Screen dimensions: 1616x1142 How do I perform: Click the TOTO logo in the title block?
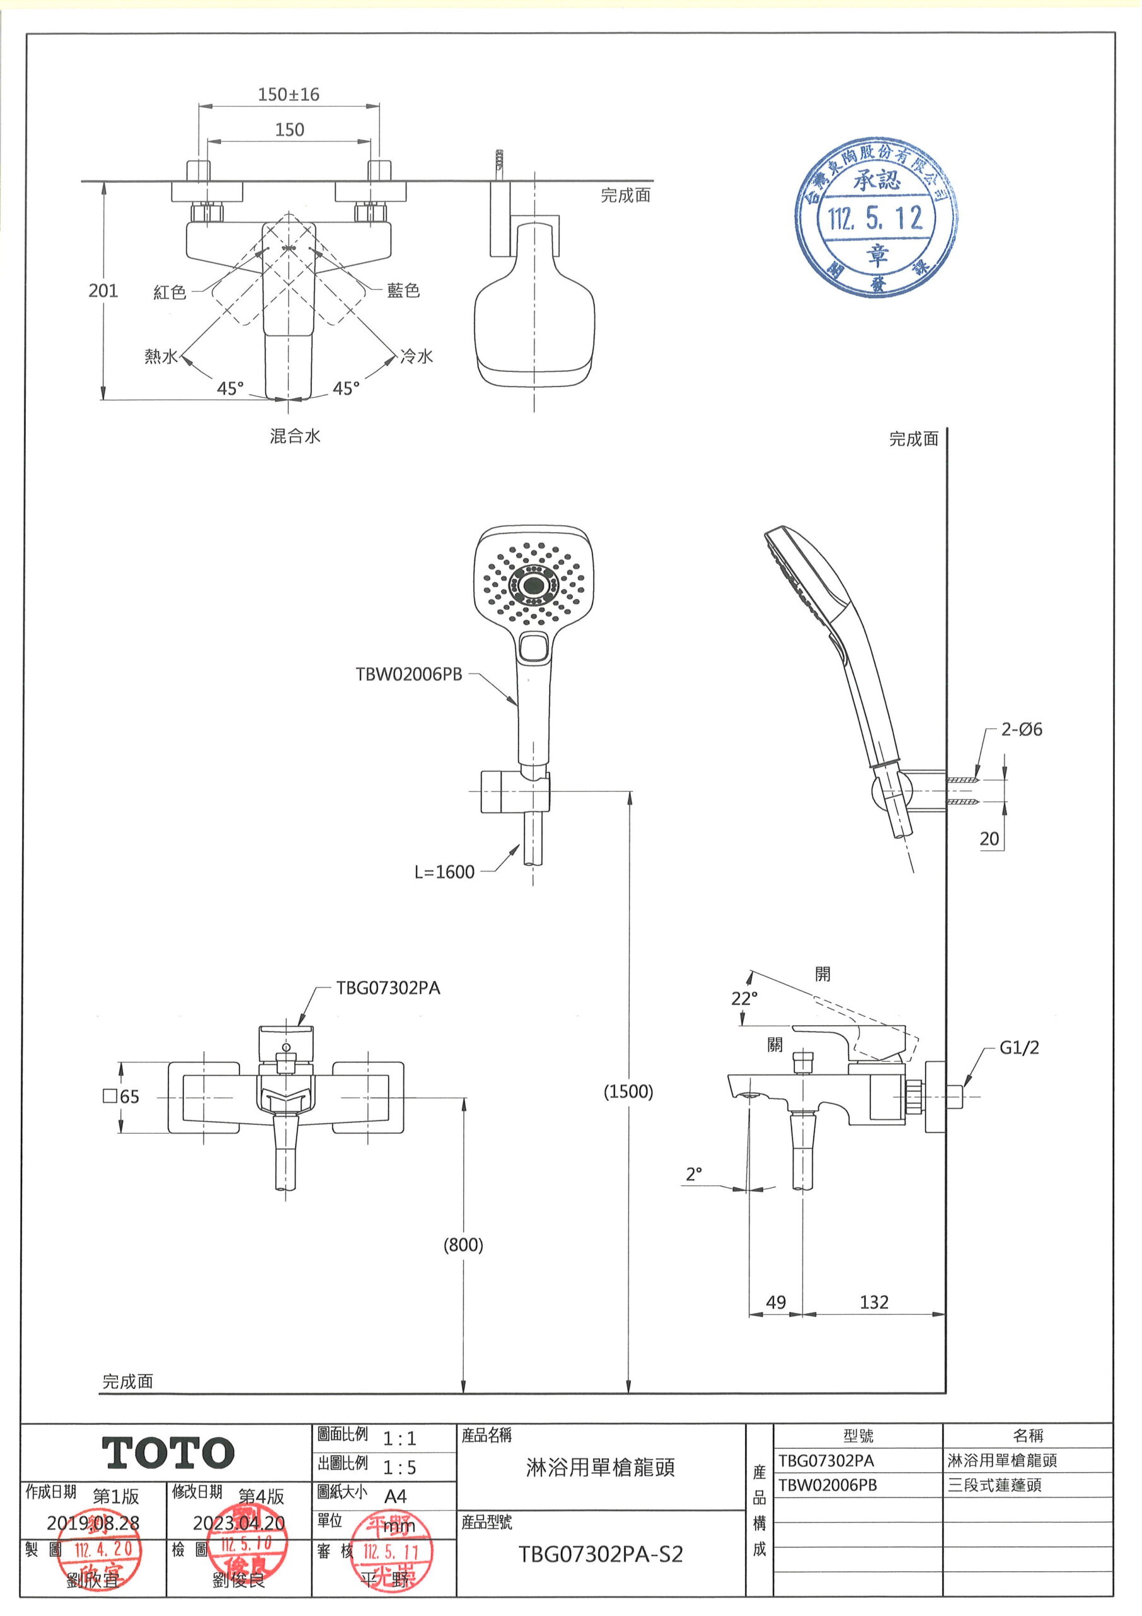point(168,1453)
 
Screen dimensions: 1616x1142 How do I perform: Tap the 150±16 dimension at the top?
point(288,94)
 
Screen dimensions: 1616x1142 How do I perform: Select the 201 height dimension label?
point(103,290)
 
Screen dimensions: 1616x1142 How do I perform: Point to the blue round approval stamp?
point(876,218)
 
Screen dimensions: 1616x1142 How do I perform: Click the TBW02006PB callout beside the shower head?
point(409,674)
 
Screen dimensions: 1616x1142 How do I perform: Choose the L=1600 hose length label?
point(444,872)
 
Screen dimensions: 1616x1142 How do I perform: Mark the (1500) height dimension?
point(628,1091)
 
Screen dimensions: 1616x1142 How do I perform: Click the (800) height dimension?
point(463,1245)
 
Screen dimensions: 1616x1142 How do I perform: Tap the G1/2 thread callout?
point(1019,1048)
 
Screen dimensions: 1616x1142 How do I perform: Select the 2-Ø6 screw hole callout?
point(1021,730)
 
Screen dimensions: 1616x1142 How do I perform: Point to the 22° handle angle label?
point(745,999)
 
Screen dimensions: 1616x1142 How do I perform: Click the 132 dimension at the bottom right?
point(874,1303)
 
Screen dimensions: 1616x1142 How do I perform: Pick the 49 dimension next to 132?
point(775,1303)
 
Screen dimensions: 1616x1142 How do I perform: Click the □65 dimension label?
point(121,1096)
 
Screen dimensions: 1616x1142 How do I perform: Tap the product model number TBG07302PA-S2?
point(600,1554)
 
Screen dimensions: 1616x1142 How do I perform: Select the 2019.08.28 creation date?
point(93,1523)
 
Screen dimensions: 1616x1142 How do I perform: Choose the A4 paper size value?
point(396,1496)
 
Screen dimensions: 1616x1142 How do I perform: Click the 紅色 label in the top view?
point(170,292)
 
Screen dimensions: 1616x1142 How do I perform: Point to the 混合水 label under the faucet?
point(295,436)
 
